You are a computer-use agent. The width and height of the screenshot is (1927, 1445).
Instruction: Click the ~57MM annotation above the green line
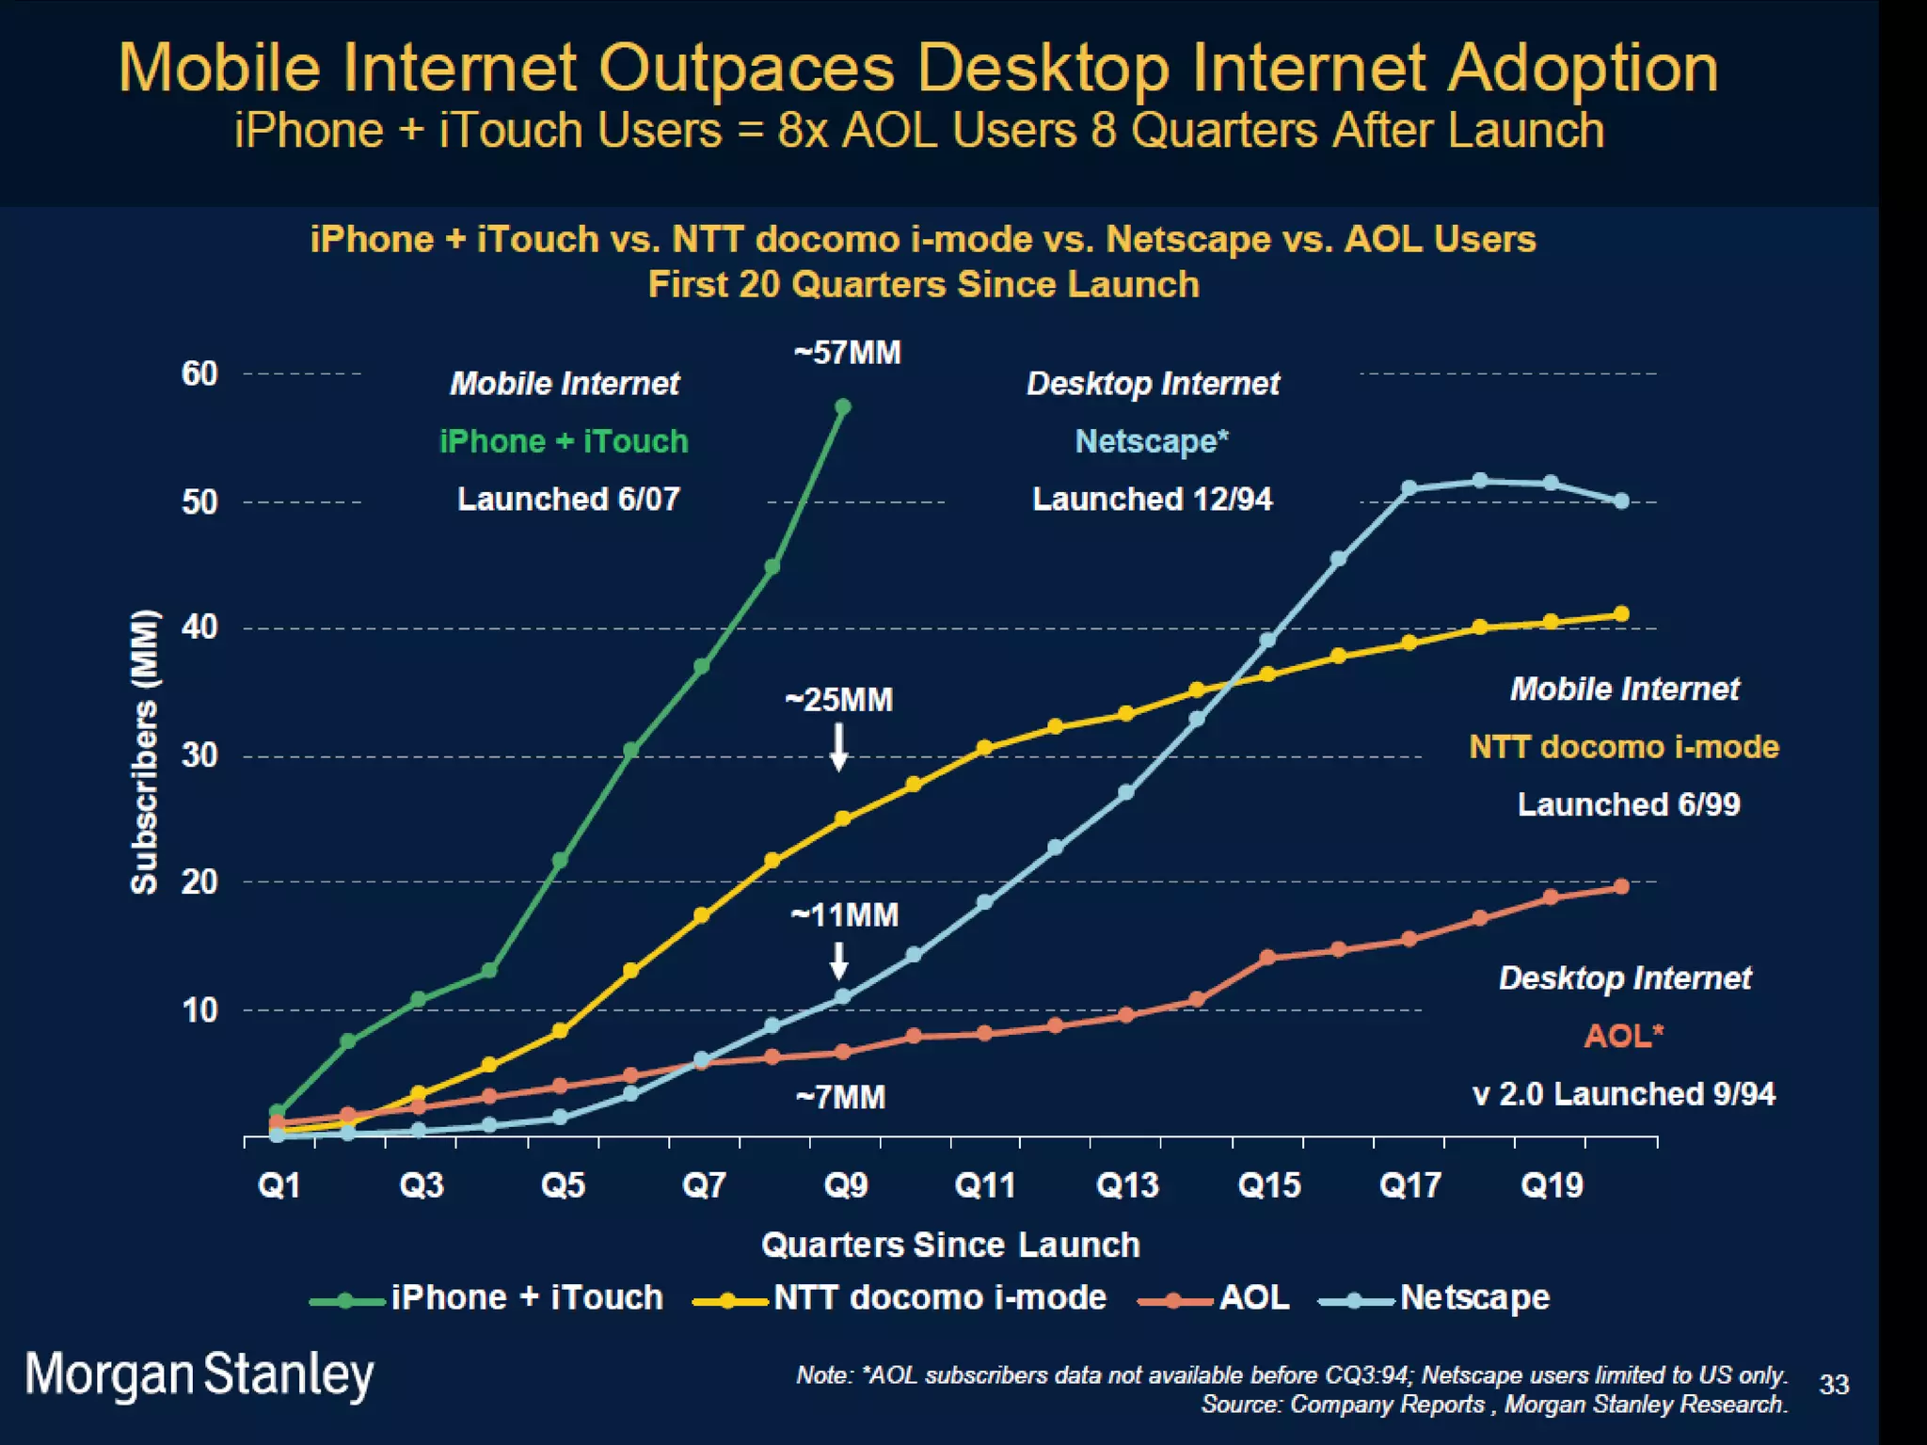pos(847,353)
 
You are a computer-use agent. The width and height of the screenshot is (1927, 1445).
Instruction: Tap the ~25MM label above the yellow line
pos(838,700)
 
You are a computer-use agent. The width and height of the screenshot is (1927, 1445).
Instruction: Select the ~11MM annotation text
pos(844,914)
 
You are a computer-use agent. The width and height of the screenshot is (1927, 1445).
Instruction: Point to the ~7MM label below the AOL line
pos(840,1097)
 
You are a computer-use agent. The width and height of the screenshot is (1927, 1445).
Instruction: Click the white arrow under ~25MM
pos(838,747)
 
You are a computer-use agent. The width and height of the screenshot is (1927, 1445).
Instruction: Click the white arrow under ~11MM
pos(838,961)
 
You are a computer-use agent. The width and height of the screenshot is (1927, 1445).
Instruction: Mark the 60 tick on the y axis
pos(199,373)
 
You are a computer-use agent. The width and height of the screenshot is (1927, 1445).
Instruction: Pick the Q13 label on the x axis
pos(1126,1184)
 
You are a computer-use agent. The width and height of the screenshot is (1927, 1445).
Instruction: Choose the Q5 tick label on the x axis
pos(563,1184)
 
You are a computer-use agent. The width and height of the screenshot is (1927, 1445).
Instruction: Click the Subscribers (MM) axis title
pos(144,752)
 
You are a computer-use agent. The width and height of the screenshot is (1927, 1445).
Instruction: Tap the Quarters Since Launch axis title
pos(950,1245)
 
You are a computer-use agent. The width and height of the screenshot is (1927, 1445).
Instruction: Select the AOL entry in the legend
pos(1253,1297)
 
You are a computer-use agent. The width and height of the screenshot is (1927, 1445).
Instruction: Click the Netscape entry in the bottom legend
pos(1473,1297)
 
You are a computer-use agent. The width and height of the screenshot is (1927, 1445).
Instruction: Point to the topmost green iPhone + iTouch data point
pos(843,406)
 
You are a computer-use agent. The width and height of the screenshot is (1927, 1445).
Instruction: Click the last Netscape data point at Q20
pos(1621,501)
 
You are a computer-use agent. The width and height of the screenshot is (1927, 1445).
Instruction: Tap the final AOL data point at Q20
pos(1621,886)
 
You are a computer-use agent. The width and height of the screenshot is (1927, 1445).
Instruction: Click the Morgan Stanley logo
pos(199,1375)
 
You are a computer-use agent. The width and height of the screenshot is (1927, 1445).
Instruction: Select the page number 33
pos(1834,1385)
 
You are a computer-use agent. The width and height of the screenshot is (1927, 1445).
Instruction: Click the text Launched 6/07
pos(568,499)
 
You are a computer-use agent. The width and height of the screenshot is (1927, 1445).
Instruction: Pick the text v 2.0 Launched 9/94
pos(1623,1094)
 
